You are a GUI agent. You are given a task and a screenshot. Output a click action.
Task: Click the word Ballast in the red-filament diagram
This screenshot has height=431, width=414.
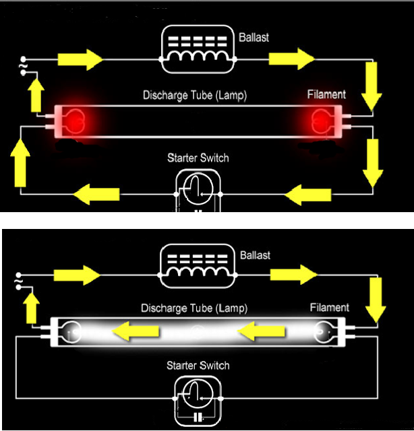tap(254, 37)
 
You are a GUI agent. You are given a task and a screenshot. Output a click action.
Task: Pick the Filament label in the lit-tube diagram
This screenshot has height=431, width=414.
tap(329, 308)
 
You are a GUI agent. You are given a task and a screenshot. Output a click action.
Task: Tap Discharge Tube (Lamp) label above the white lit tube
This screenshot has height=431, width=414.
tap(194, 308)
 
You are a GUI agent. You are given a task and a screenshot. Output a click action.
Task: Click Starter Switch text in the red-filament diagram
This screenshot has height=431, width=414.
tap(198, 158)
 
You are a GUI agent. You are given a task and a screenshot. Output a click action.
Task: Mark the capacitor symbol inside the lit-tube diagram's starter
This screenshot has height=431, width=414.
tap(198, 418)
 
